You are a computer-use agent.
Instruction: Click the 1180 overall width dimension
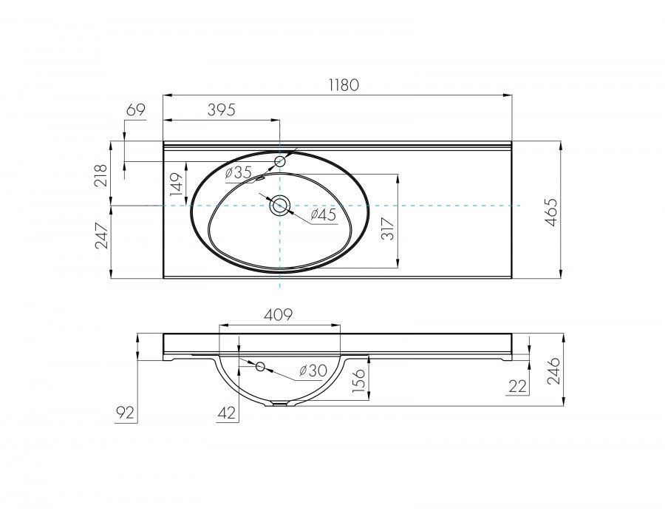coord(344,85)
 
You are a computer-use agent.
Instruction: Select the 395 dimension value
coord(221,110)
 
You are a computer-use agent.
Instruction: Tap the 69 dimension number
coord(136,109)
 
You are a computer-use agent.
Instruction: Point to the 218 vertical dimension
coord(102,175)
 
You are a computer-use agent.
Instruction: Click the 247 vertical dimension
coord(102,235)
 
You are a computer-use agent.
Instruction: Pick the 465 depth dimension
coord(551,212)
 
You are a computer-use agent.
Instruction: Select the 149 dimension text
coord(177,183)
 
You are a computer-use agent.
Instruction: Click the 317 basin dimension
coord(388,229)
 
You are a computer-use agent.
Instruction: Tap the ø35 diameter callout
coord(239,172)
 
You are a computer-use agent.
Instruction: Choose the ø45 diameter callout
coord(323,214)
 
